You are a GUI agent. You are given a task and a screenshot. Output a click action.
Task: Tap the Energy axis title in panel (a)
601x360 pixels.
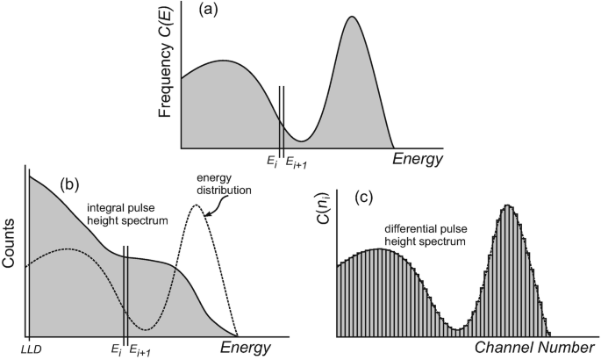tap(418, 159)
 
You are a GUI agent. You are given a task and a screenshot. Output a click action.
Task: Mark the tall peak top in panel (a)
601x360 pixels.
tap(352, 17)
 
